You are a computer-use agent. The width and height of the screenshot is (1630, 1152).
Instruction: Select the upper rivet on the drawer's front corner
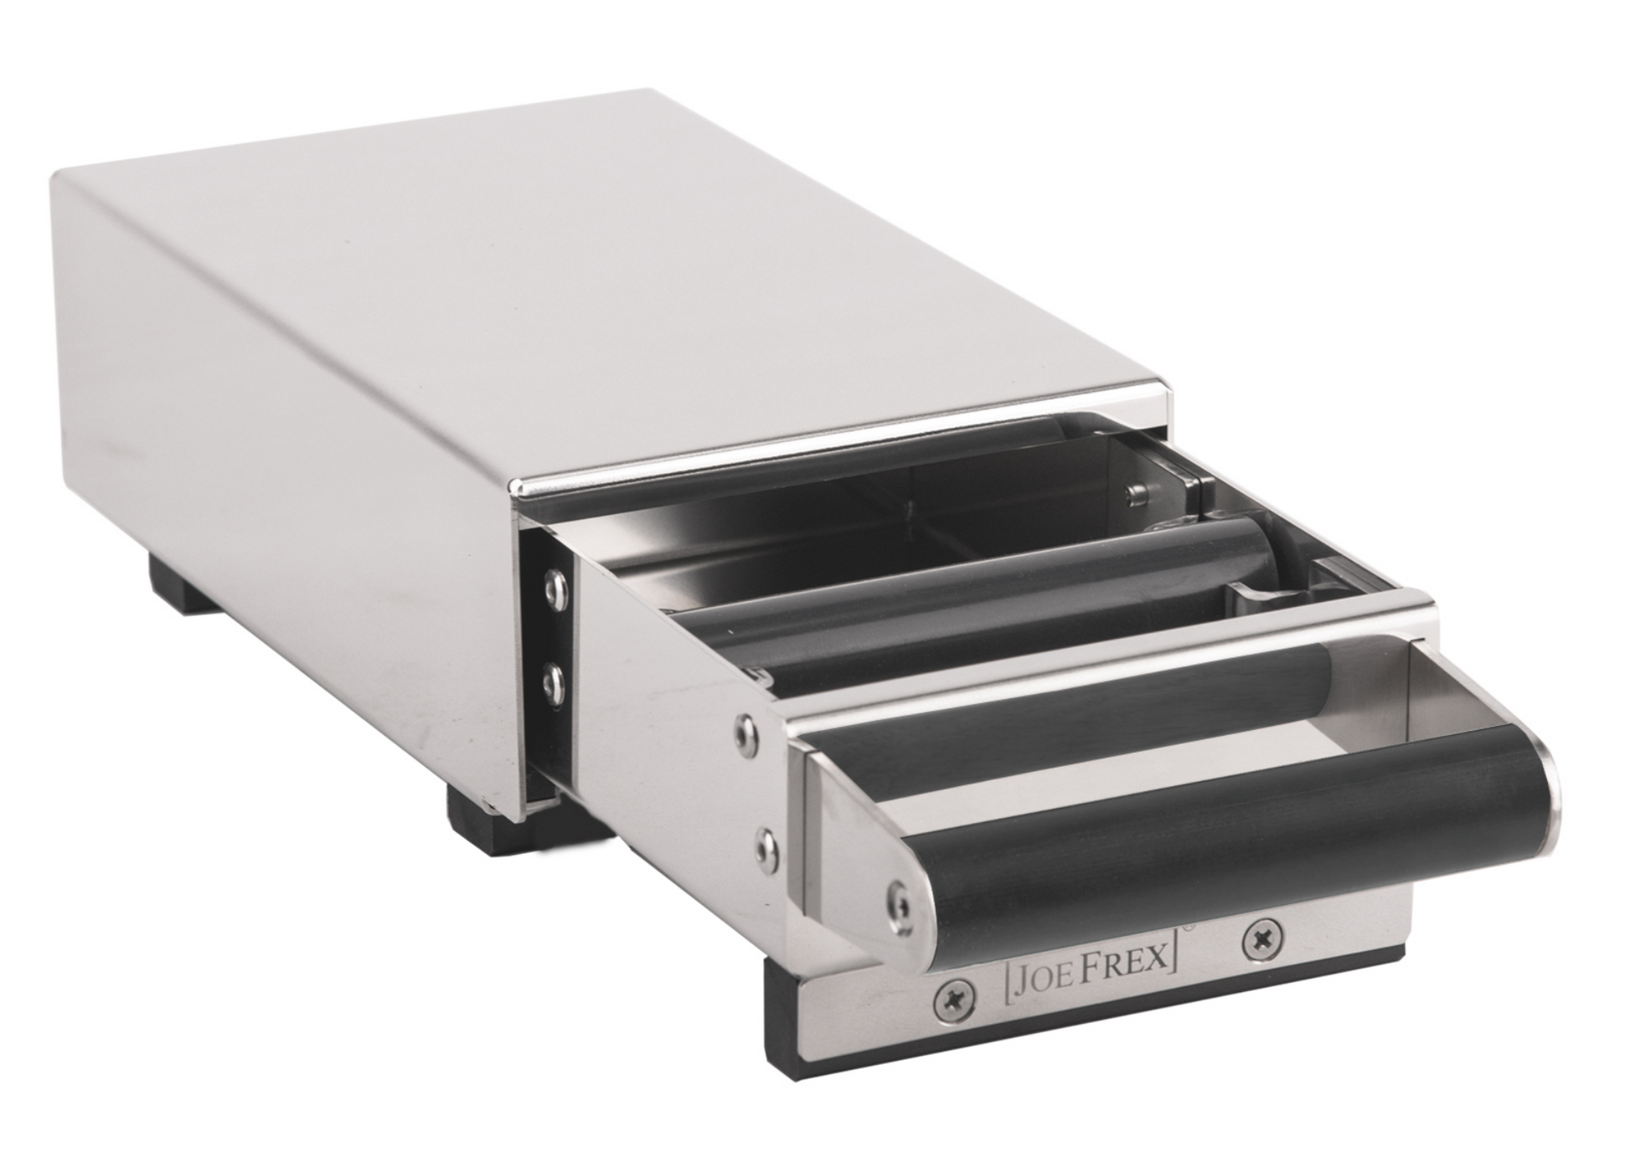click(743, 730)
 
